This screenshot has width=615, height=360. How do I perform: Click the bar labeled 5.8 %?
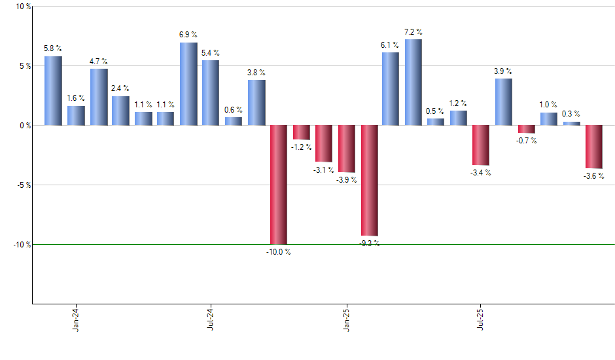coord(53,90)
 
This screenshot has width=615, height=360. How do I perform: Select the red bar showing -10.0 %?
coord(279,185)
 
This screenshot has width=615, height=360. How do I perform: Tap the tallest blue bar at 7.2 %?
coord(413,82)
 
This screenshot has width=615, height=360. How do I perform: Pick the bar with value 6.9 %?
coord(188,84)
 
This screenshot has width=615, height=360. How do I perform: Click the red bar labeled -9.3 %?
coord(370,180)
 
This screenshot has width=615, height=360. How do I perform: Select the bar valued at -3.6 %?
coord(594,147)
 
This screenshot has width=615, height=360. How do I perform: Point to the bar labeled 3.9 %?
coord(504,101)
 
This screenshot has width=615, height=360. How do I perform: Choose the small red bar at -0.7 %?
coord(527,129)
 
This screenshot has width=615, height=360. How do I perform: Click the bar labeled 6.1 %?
coord(391,88)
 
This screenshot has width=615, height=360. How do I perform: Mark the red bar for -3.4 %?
coord(481,145)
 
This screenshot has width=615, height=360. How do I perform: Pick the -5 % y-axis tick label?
coord(22,185)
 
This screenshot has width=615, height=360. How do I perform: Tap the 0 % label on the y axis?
coord(23,125)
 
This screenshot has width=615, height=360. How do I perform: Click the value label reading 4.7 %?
coord(99,62)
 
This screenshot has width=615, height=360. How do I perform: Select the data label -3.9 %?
coord(347,180)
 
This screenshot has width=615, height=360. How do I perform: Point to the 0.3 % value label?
coord(571,114)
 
